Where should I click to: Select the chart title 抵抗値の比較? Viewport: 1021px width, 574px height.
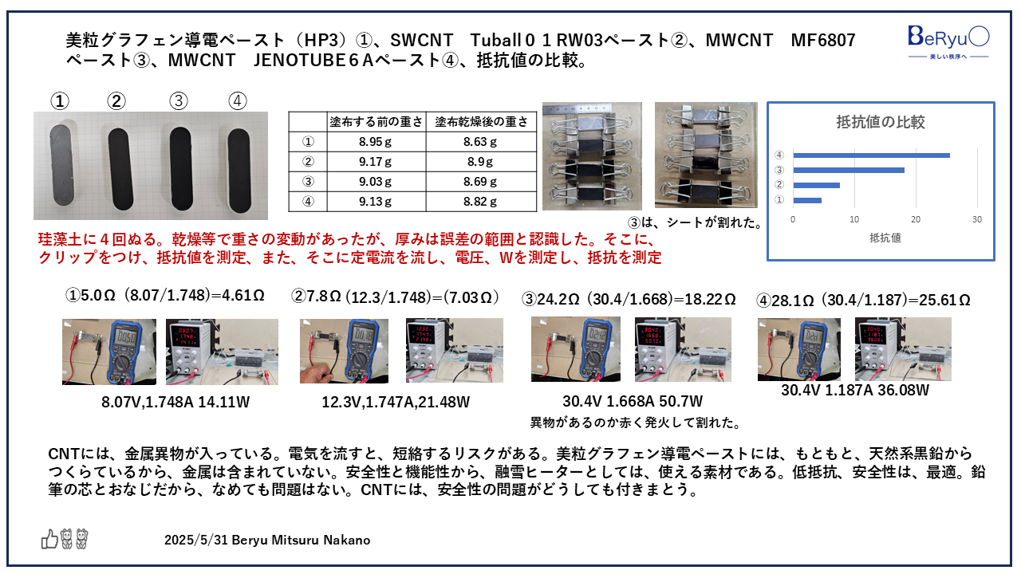tap(880, 122)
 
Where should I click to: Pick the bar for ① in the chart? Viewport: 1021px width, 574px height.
tap(806, 200)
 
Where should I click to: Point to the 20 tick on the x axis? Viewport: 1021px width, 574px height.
tap(916, 219)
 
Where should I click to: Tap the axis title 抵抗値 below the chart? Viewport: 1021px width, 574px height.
tap(880, 238)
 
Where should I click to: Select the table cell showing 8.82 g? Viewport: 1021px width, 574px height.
tap(480, 202)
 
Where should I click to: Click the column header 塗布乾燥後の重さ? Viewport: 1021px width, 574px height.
tap(481, 122)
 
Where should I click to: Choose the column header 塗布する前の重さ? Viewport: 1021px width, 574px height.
tap(376, 122)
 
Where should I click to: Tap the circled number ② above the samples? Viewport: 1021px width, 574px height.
tap(116, 101)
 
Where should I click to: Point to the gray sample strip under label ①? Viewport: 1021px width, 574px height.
tap(61, 166)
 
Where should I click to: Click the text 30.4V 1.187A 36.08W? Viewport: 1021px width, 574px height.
tap(855, 391)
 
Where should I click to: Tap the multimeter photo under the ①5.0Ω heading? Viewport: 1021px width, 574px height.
tap(109, 352)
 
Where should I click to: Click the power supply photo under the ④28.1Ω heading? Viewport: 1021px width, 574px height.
tap(903, 348)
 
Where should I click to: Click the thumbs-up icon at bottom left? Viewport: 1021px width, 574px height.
tap(49, 540)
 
